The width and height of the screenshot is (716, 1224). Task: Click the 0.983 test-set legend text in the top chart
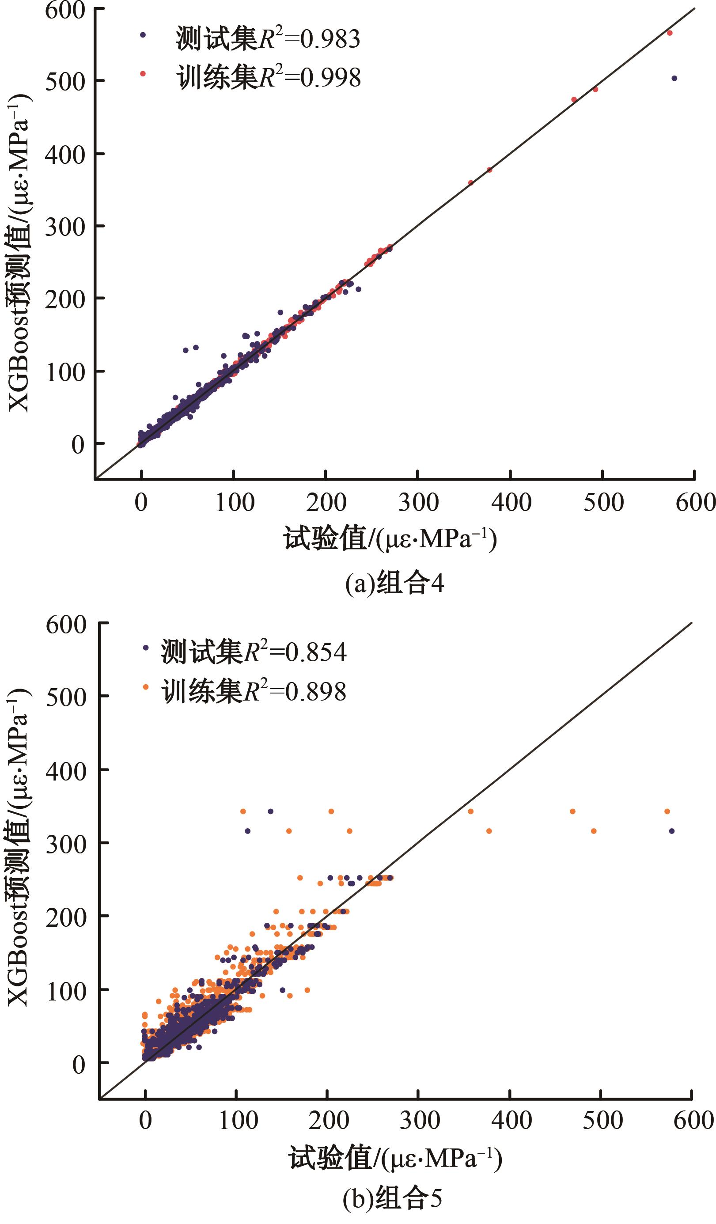coord(268,38)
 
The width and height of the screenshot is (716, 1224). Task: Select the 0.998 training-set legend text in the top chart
coord(268,77)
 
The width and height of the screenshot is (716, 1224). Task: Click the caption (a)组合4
coord(394,584)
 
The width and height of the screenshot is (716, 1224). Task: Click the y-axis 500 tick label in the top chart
coord(65,82)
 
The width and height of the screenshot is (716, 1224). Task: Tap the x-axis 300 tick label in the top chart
coord(418,502)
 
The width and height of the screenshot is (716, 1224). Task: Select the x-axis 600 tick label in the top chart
coord(695,502)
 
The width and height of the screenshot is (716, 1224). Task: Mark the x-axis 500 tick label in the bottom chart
coord(602,1120)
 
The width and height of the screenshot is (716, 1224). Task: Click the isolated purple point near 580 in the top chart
coord(674,79)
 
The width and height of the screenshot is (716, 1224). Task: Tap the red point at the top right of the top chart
coord(669,33)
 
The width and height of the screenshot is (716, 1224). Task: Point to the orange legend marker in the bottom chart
coord(145,687)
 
